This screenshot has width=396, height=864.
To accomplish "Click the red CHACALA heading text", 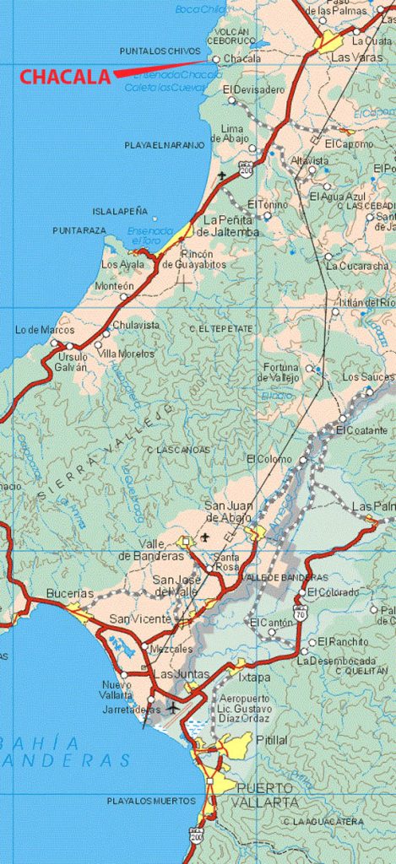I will tap(66, 77).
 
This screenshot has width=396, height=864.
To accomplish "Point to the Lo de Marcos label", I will tap(45, 330).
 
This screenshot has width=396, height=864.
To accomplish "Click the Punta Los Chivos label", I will tap(160, 51).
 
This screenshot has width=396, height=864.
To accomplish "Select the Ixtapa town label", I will tap(254, 677).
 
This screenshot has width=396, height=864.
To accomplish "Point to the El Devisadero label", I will tap(254, 89).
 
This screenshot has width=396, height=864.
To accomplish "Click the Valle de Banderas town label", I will tap(151, 549).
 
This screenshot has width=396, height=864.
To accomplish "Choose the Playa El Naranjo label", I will tap(165, 145).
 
